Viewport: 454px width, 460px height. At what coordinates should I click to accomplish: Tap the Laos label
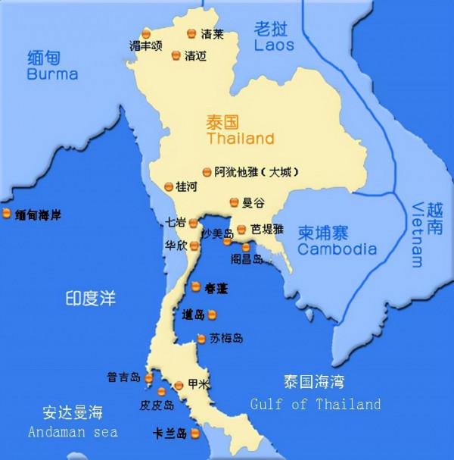pos(274,46)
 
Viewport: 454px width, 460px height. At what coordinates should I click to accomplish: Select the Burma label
pos(52,74)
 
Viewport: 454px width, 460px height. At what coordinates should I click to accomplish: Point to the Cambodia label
pos(337,249)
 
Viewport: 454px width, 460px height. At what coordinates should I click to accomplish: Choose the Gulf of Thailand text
pos(316,405)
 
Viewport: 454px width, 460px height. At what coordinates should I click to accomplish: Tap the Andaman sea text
pos(73,432)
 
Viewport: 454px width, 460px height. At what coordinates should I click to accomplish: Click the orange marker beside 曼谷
pos(235,202)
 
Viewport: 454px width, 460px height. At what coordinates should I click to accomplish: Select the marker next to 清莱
pos(191,34)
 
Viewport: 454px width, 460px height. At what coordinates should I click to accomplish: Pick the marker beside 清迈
pos(176,55)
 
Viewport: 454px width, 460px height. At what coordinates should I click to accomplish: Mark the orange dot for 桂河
pos(168,186)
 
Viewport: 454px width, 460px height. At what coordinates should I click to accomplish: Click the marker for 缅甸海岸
pos(7,214)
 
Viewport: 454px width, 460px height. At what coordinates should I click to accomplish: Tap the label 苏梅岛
pos(227,338)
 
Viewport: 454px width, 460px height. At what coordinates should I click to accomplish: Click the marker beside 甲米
pos(179,385)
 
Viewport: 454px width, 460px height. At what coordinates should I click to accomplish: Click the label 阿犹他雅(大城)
pos(256,172)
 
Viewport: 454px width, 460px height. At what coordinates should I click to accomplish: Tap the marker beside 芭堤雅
pos(241,229)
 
